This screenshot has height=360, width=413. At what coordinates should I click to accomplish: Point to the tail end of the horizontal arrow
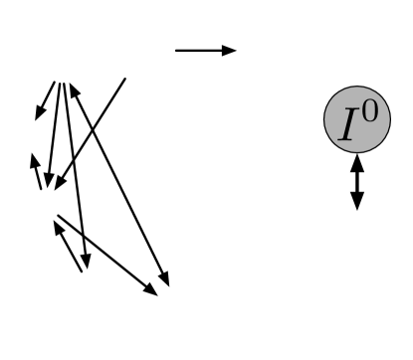176,50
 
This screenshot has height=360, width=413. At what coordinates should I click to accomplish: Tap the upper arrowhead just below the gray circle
357,165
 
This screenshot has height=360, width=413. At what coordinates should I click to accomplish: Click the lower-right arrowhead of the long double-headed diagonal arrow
165,280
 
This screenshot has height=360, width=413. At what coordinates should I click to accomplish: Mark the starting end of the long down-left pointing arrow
125,79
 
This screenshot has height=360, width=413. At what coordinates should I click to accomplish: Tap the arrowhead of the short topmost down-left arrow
39,114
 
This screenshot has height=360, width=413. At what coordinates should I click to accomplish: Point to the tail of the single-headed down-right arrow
58,216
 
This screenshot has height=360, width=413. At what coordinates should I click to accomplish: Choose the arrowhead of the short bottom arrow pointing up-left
57,226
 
